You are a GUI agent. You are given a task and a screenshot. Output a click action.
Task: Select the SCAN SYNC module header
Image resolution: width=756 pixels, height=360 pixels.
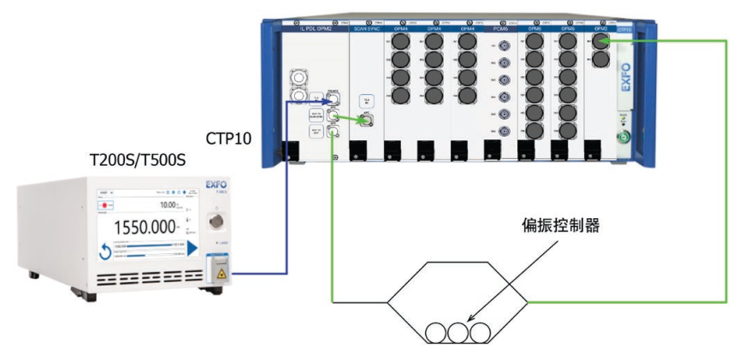(369, 28)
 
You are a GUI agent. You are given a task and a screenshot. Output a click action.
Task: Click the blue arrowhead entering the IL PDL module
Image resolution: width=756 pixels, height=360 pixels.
(326, 101)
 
